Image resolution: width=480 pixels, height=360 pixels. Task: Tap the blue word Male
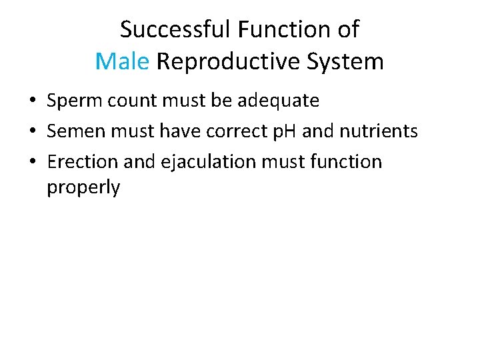pos(122,61)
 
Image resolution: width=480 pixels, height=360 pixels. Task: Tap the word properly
pos(83,187)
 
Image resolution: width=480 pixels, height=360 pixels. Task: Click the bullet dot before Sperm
pos(32,102)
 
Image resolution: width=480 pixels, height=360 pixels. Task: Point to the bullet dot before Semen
pos(32,132)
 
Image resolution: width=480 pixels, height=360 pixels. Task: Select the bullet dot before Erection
pos(32,162)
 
